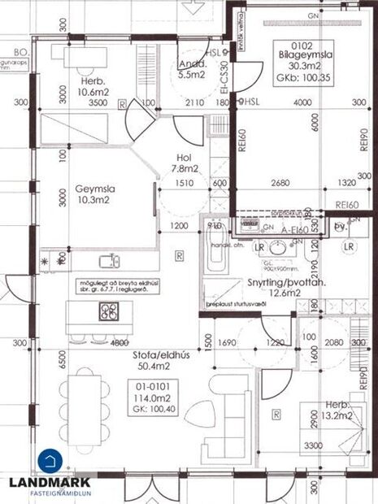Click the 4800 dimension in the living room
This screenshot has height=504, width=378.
pyautogui.click(x=98, y=342)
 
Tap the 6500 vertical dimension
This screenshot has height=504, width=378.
pyautogui.click(x=62, y=358)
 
